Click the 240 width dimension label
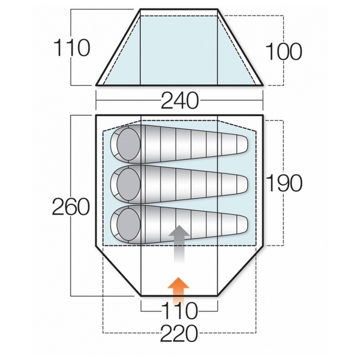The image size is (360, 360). tap(179, 101)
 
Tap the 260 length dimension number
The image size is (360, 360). tap(71, 207)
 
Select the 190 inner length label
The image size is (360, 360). tap(284, 183)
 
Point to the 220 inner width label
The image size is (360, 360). tap(179, 334)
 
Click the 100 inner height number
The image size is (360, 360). tap(284, 52)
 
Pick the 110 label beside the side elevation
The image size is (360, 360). tap(71, 48)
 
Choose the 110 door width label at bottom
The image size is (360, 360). tap(179, 311)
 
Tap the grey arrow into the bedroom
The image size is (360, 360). tap(179, 244)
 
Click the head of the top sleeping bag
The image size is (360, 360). tap(128, 144)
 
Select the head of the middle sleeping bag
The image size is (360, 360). tap(128, 184)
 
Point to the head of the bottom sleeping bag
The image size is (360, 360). tap(128, 224)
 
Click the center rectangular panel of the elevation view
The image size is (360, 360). tap(179, 47)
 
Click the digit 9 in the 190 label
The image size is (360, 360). tap(284, 183)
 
